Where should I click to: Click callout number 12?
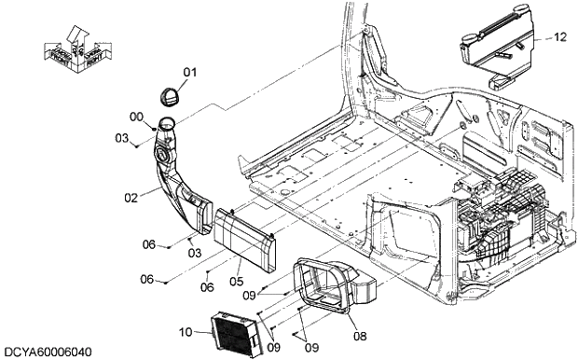(559, 37)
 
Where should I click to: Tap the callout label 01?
(190, 73)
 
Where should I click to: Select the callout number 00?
(136, 117)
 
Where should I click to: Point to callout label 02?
(131, 198)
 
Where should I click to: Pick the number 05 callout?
(236, 281)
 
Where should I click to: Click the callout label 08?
(360, 336)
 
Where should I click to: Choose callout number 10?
(186, 332)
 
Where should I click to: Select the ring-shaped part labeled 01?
(170, 97)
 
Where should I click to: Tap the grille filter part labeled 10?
(236, 334)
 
